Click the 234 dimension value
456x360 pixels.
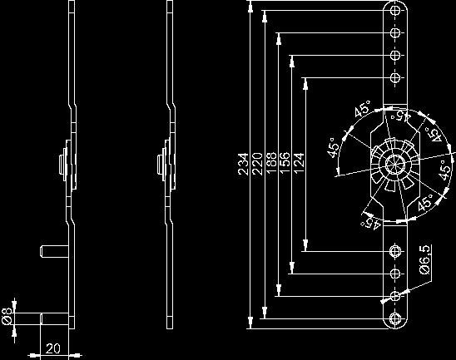tap(243, 164)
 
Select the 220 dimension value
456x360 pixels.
tap(257, 164)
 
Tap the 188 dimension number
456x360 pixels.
tap(271, 163)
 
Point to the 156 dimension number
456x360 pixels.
tap(285, 163)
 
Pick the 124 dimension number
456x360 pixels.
tap(299, 163)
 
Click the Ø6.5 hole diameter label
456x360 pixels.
tap(424, 259)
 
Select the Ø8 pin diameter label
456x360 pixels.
tap(7, 316)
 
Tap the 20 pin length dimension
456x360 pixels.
tap(53, 348)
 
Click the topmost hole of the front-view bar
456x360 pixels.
tap(394, 11)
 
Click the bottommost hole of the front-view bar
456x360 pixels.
tap(394, 318)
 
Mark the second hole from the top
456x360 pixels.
tap(394, 32)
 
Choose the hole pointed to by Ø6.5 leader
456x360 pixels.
tap(394, 296)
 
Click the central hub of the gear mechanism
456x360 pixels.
tap(395, 164)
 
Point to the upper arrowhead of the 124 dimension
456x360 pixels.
tap(305, 83)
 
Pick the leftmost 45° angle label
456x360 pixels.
tap(334, 148)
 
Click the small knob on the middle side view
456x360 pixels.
tap(160, 165)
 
